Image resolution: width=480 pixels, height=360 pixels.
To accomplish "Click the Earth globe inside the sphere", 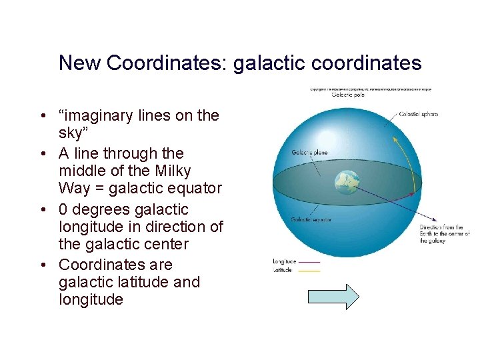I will point(347,183).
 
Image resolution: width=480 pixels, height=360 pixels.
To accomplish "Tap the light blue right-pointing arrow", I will point(333,296).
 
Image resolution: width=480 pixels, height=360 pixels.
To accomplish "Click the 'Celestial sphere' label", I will point(418,114).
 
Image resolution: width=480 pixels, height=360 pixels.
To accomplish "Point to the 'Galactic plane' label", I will point(309,152).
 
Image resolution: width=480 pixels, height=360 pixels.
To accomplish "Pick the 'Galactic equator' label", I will point(311,219).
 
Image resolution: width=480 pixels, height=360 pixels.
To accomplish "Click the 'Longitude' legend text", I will point(285,261).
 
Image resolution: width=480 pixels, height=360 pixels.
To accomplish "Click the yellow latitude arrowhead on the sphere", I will point(395,139).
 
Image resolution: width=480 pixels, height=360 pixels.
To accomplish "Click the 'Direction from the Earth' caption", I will point(444,234).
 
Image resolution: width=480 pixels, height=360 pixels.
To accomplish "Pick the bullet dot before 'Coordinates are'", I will point(42,265).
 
